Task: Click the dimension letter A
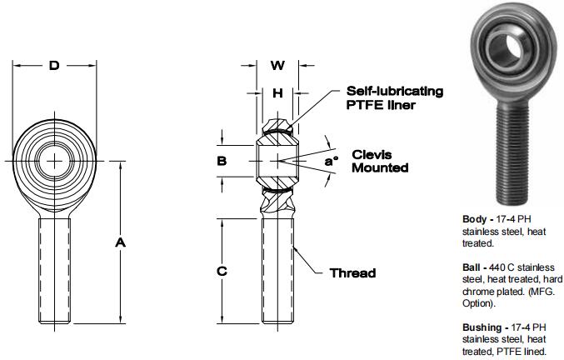[x=120, y=242]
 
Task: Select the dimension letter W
[x=278, y=65]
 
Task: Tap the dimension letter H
[x=278, y=93]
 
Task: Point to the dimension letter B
[x=222, y=161]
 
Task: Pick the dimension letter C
[x=222, y=272]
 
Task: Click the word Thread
[x=352, y=272]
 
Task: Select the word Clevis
[x=372, y=154]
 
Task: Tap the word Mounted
[x=380, y=167]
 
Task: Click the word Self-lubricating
[x=395, y=90]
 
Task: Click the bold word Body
[x=476, y=219]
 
